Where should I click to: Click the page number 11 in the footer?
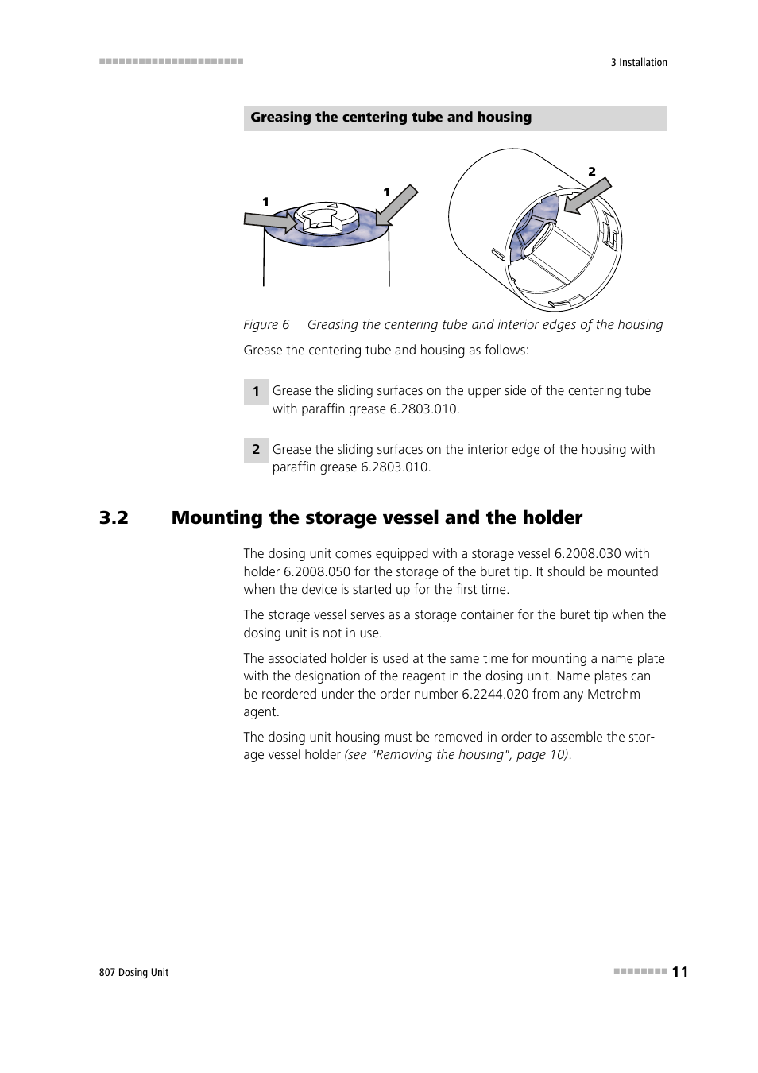tap(679, 971)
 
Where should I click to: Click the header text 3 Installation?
tap(638, 62)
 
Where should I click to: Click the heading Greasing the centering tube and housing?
tap(391, 118)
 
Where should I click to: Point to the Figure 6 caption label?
tap(266, 324)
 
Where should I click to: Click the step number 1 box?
tap(255, 391)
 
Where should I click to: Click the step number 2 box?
tap(255, 450)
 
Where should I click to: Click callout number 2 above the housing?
tap(591, 171)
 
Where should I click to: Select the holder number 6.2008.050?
tap(316, 571)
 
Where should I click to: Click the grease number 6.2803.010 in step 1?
tap(423, 409)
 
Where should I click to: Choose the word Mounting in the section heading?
tap(217, 517)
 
